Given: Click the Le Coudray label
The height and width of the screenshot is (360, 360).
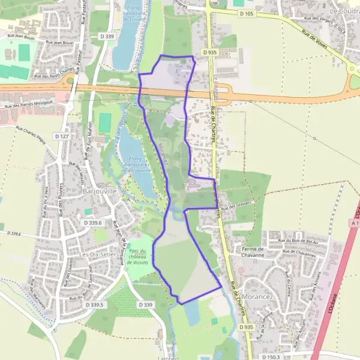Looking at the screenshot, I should (x=344, y=11).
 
